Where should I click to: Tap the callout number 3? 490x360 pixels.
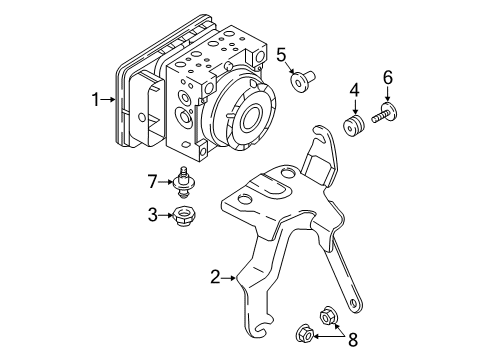tap(152, 213)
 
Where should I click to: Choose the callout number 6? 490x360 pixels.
tap(388, 78)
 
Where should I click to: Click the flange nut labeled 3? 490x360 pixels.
tap(182, 214)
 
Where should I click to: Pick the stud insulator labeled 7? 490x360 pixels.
tap(183, 182)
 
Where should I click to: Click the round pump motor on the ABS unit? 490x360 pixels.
tap(244, 115)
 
